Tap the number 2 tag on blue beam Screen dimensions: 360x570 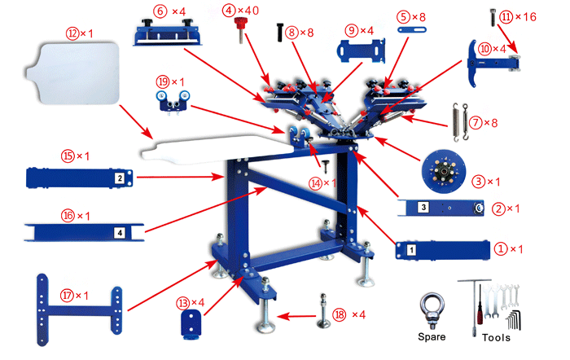tap(119, 178)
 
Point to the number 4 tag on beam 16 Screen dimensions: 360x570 tap(120, 232)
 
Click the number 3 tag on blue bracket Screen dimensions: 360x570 tap(424, 208)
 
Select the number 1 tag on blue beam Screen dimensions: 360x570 tap(410, 246)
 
